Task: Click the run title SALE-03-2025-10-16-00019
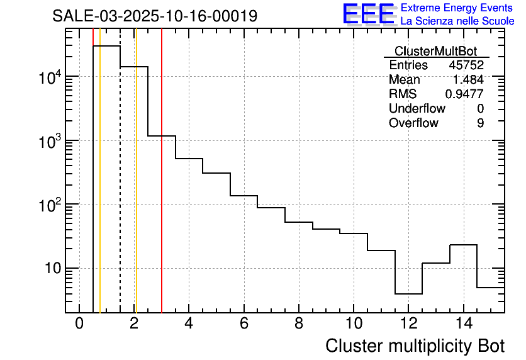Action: (x=155, y=16)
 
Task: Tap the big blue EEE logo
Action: (x=368, y=14)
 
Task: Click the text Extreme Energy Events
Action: (x=457, y=8)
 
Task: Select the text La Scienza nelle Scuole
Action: (x=457, y=21)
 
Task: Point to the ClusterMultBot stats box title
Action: (x=435, y=52)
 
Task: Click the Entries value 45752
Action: (x=466, y=65)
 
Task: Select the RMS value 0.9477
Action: (x=464, y=94)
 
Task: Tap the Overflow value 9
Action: (x=480, y=123)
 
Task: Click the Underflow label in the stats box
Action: (x=417, y=109)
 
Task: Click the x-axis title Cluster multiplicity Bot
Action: (x=415, y=346)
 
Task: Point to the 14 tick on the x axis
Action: (x=464, y=323)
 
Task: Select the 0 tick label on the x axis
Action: (x=79, y=323)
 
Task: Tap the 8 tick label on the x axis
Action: (x=299, y=323)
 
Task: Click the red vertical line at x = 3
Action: (x=162, y=189)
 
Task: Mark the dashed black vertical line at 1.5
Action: (x=120, y=189)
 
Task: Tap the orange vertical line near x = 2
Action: (x=136, y=189)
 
